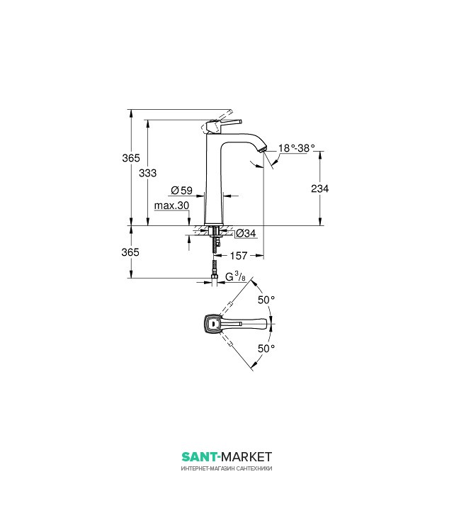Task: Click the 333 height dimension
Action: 147,172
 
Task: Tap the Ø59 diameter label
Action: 182,191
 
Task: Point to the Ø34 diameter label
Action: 245,232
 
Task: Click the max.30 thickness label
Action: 172,205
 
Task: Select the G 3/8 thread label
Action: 235,276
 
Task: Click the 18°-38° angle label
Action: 296,148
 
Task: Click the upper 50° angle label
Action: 266,300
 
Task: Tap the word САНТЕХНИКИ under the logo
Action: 254,469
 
